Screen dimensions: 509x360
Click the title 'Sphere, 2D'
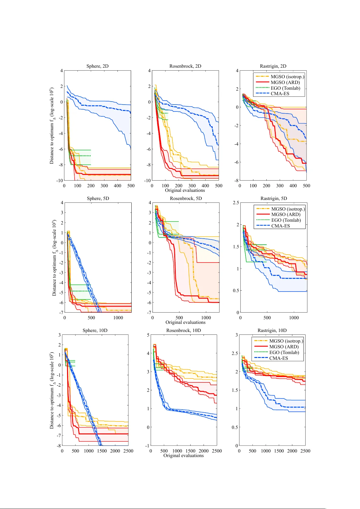(x=97, y=66)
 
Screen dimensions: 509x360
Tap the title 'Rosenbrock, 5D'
(x=186, y=198)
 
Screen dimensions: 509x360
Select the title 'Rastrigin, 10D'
(x=272, y=330)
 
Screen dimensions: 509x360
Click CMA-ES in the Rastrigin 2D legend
(x=280, y=94)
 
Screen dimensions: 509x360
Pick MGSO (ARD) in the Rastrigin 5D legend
(x=286, y=214)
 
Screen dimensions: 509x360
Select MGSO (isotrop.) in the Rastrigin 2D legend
(x=287, y=77)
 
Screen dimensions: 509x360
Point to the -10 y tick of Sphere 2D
(x=59, y=181)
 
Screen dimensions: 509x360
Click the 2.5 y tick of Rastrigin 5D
(x=236, y=203)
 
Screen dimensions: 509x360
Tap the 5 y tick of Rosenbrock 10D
(x=148, y=335)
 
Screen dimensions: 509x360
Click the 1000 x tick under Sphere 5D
(x=118, y=318)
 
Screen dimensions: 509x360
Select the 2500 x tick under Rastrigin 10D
(x=305, y=451)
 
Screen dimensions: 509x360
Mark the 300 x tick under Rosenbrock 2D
(x=192, y=186)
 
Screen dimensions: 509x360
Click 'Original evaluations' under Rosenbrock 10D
(x=183, y=456)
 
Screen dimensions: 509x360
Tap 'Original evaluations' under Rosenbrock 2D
(x=185, y=190)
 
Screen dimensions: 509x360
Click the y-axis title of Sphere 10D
(x=52, y=390)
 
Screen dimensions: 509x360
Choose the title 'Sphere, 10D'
(x=95, y=330)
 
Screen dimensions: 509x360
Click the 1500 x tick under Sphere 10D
(x=102, y=451)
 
